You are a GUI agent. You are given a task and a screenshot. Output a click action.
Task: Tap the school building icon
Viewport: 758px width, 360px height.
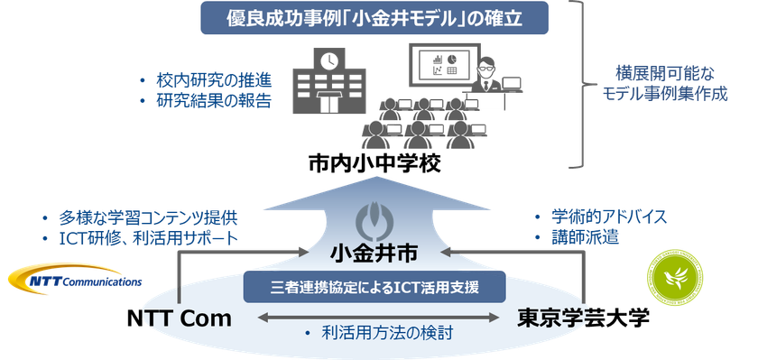click(327, 81)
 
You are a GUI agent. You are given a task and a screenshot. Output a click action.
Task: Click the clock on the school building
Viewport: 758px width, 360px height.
click(328, 61)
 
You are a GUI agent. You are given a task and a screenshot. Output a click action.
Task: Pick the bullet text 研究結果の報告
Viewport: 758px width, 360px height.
click(214, 100)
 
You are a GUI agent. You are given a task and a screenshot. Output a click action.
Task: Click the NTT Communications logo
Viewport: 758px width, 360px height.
click(73, 275)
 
